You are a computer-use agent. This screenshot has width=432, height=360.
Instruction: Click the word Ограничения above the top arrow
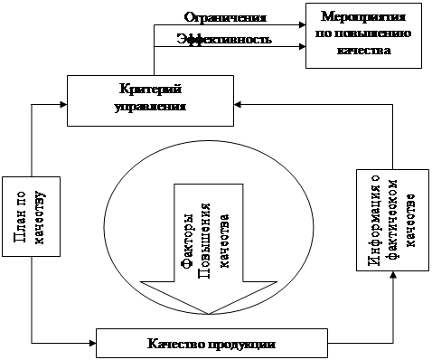(225, 17)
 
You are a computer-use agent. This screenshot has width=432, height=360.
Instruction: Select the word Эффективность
(224, 39)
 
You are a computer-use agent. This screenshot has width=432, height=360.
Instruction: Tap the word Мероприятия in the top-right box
(363, 17)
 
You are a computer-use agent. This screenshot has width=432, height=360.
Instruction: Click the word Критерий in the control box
(151, 90)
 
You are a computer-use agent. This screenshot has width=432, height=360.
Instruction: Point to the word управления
(150, 107)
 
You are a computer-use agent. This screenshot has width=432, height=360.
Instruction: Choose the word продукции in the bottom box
(242, 345)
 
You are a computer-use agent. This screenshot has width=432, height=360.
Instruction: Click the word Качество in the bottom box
(176, 344)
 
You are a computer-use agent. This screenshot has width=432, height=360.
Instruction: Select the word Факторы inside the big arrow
(187, 241)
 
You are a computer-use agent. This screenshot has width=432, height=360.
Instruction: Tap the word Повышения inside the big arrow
(204, 241)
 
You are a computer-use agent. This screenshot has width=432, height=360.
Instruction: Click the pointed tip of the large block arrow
(209, 314)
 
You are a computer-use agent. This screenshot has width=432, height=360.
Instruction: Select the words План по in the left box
(20, 217)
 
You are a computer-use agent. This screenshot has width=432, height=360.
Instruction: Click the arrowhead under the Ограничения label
(302, 25)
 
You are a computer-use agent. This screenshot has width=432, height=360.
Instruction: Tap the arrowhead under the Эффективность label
(302, 46)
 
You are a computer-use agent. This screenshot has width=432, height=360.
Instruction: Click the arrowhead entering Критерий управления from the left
(63, 105)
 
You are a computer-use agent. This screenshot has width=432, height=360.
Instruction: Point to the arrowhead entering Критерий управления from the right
(238, 105)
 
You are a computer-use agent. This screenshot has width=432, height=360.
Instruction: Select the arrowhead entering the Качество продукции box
(92, 343)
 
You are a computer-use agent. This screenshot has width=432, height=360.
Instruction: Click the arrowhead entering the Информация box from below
(392, 274)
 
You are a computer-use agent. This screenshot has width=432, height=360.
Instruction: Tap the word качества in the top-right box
(363, 50)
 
